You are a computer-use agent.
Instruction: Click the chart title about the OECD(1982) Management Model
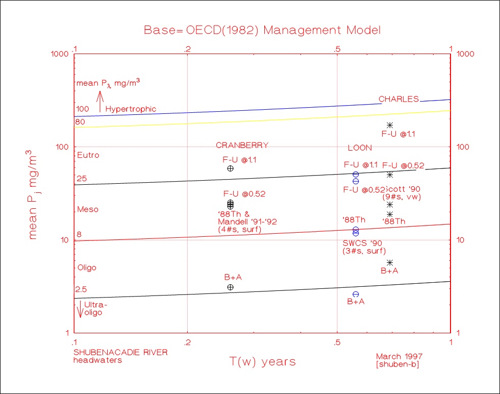[x=262, y=30]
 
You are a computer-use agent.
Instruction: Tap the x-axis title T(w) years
[x=262, y=362]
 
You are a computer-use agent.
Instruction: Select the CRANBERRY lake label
[x=242, y=145]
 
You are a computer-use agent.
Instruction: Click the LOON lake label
[x=360, y=148]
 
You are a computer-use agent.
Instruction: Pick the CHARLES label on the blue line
[x=398, y=99]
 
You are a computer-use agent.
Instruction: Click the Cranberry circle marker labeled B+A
[x=230, y=287]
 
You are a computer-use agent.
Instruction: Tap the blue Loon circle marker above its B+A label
[x=356, y=294]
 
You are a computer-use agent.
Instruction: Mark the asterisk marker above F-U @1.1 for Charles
[x=390, y=125]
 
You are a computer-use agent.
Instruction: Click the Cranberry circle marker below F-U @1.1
[x=230, y=168]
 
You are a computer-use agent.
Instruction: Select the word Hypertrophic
[x=131, y=109]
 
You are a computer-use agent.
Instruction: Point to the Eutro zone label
[x=88, y=155]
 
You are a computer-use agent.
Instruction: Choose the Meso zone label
[x=88, y=209]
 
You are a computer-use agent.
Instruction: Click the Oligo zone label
[x=87, y=267]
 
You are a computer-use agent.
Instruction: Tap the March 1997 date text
[x=399, y=356]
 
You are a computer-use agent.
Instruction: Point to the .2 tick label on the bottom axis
[x=187, y=341]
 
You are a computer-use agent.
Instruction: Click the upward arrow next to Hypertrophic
[x=100, y=101]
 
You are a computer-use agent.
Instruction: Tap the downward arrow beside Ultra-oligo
[x=80, y=309]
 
